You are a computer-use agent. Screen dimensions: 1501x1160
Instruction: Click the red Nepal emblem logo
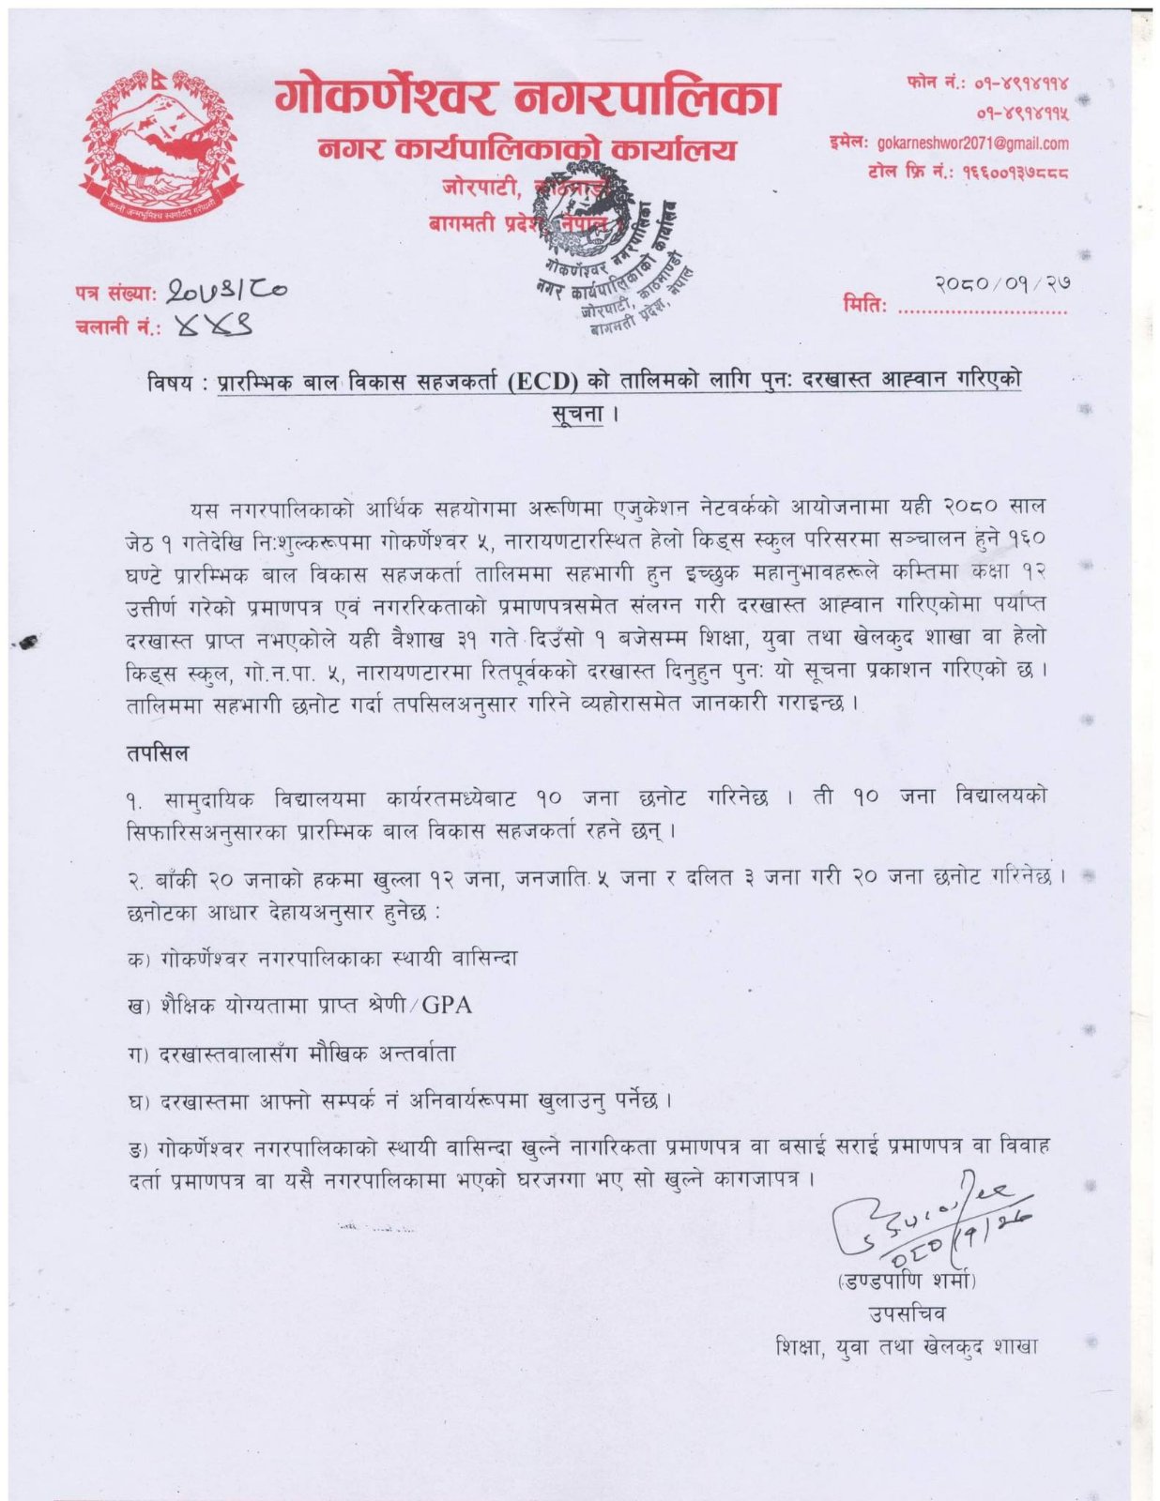[161, 145]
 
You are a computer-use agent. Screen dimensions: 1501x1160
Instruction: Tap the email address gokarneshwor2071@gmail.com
[972, 144]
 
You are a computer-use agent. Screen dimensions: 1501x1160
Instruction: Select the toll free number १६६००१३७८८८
[1015, 173]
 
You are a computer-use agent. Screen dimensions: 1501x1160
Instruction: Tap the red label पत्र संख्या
[115, 293]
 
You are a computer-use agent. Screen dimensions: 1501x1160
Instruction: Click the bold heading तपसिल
[157, 752]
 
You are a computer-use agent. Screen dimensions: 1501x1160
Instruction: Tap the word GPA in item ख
[447, 1006]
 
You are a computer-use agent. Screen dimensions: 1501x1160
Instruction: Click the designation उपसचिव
[907, 1313]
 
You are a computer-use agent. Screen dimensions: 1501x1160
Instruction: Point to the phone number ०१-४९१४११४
[1023, 83]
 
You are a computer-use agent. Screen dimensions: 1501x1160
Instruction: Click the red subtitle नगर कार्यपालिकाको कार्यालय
[527, 150]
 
